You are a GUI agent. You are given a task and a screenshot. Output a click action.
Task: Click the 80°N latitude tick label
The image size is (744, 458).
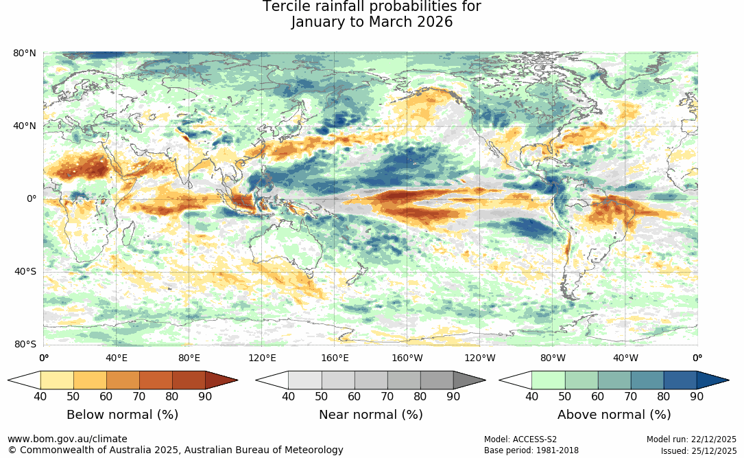25,53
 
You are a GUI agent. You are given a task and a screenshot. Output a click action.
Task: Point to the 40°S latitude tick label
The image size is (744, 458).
25,272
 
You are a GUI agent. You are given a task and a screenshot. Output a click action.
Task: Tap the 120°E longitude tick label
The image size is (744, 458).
262,358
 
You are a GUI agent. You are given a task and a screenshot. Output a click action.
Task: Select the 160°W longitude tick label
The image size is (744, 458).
407,358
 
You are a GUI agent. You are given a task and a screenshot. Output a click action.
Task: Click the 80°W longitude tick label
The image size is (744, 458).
553,358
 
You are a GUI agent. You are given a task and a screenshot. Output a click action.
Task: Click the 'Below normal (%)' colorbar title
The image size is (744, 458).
122,415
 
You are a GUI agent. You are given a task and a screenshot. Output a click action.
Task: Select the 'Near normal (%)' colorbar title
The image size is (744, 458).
370,415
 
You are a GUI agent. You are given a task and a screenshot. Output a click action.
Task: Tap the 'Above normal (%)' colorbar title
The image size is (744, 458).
614,415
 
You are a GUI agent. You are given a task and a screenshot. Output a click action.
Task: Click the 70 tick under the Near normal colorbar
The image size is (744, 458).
387,396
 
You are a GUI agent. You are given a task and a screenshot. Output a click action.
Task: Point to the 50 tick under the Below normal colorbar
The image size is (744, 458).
73,396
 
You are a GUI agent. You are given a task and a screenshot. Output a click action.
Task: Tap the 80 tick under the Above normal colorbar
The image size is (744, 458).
663,396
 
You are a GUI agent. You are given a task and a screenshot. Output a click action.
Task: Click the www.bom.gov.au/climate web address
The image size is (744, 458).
67,439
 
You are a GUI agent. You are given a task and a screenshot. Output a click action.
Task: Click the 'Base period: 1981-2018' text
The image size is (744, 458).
531,450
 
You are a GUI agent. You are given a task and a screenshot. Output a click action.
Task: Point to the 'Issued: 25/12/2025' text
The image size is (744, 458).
698,450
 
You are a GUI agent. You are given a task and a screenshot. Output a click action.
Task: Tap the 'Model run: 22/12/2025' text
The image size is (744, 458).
691,439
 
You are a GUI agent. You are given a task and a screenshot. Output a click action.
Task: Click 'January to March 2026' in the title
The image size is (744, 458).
372,22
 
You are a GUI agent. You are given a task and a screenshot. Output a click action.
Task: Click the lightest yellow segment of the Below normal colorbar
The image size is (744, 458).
57,380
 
